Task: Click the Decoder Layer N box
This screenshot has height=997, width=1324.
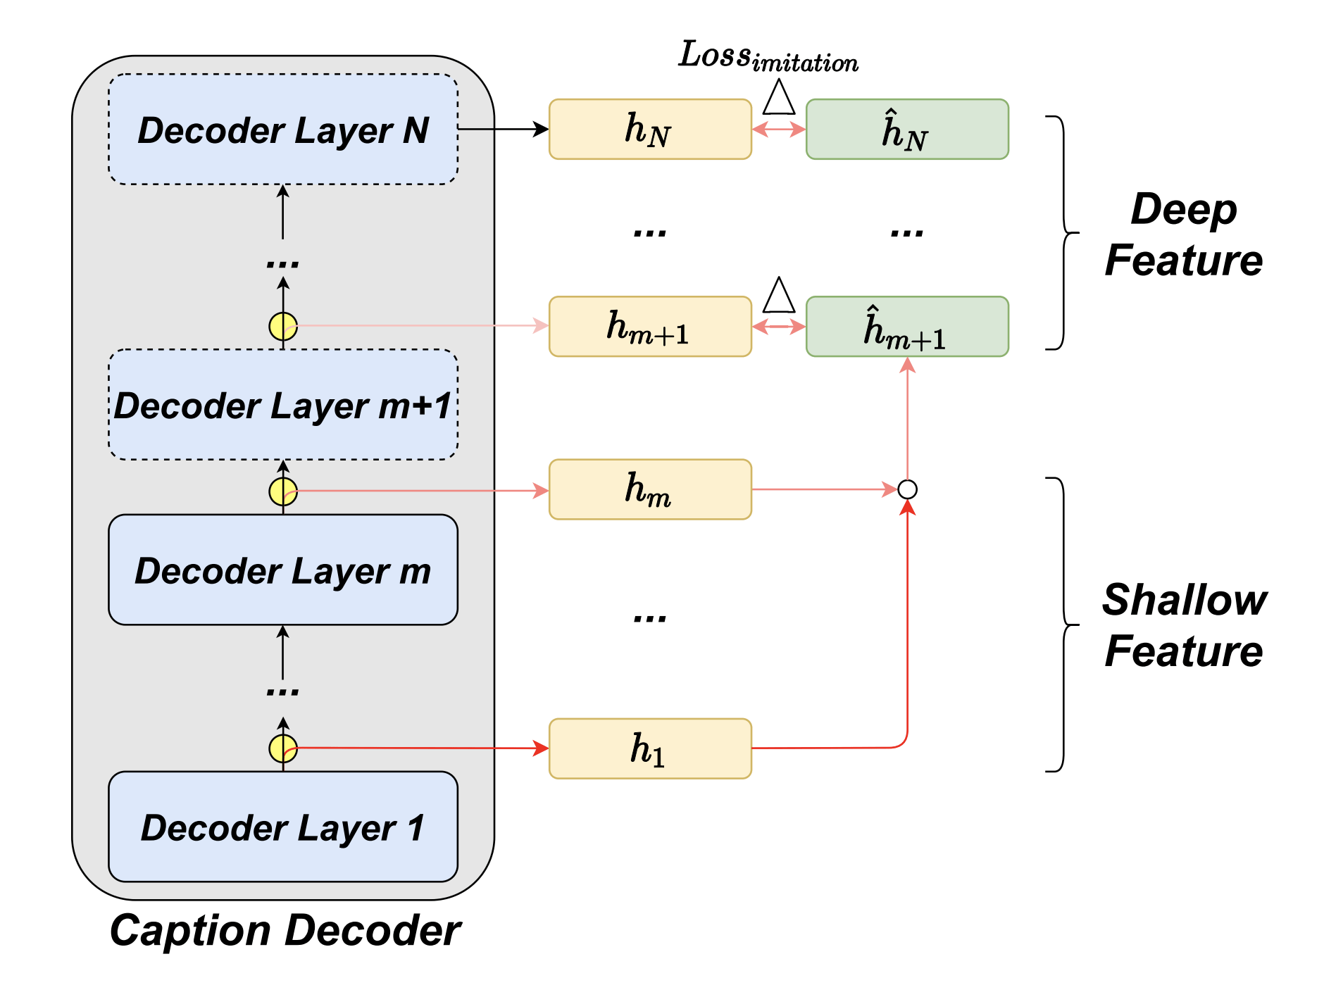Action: click(283, 130)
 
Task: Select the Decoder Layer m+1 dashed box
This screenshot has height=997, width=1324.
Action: click(283, 405)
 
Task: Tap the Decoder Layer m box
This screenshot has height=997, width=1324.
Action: click(283, 570)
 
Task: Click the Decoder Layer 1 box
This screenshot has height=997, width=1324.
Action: click(283, 827)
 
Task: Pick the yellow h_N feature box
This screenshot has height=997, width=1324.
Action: click(650, 130)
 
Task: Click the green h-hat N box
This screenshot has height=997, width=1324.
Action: click(907, 130)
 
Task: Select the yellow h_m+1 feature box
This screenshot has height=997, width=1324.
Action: click(650, 327)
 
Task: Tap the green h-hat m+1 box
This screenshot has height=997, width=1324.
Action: click(907, 327)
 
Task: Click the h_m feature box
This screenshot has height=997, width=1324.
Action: click(650, 489)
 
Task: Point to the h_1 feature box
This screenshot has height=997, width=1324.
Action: click(650, 748)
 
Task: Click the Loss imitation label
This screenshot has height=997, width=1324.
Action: click(768, 56)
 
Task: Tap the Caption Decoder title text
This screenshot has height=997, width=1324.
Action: click(285, 931)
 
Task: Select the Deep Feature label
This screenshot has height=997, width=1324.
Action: click(1184, 234)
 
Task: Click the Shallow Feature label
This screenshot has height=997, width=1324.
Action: click(1184, 625)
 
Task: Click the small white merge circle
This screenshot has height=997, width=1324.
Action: click(907, 489)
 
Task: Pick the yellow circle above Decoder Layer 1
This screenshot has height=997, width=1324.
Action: click(283, 748)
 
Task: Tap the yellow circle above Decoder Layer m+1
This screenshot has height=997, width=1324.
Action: click(283, 327)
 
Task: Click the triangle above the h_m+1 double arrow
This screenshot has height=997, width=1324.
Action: click(779, 296)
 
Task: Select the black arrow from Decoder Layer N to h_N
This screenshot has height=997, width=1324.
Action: click(503, 129)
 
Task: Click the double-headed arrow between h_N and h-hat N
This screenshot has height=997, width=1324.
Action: click(779, 130)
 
